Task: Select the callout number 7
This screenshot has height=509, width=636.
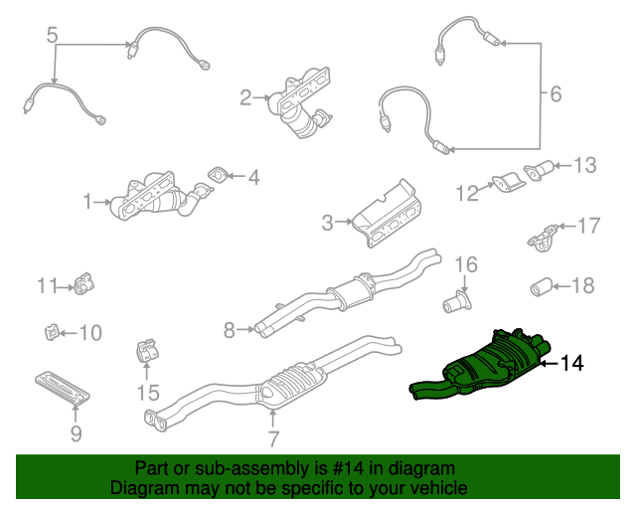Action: click(273, 437)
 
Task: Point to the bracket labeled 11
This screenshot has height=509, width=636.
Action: click(83, 286)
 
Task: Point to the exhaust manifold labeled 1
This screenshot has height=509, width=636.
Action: click(154, 198)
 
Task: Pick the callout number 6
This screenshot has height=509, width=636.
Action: click(555, 94)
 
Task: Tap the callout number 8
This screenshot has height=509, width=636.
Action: click(229, 329)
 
